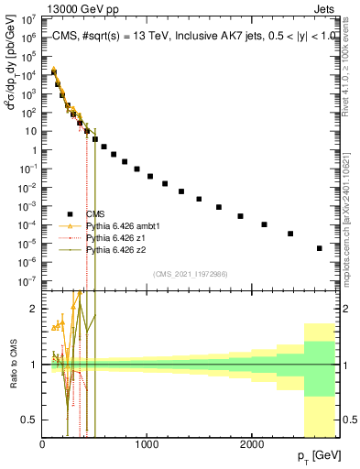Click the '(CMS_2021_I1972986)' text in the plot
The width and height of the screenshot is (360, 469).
click(x=191, y=274)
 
